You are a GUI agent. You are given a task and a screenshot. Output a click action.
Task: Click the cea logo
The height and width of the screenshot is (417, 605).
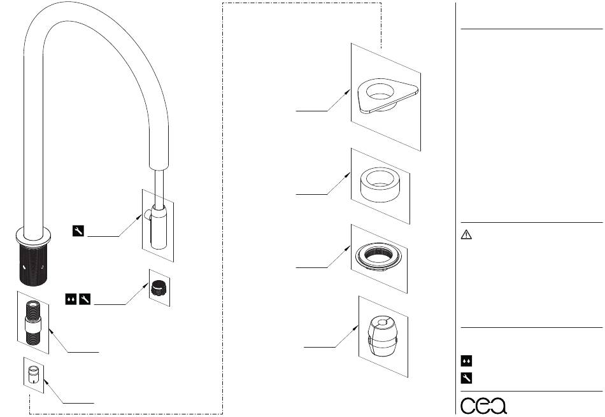[x=483, y=405]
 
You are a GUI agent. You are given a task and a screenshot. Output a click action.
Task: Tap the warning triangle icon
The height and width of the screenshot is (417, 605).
[x=466, y=234]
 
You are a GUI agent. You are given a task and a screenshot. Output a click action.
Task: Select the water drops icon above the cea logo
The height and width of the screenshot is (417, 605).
[x=466, y=361]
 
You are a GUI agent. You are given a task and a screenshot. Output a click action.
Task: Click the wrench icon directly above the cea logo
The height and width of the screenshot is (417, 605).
[x=466, y=378]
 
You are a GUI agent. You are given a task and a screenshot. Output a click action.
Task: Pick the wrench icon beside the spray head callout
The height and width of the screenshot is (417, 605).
[x=78, y=230]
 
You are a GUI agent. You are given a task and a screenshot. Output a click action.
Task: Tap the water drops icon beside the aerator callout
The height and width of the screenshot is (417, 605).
[x=71, y=299]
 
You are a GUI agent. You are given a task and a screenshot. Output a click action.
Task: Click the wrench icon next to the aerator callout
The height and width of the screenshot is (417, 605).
[x=85, y=299]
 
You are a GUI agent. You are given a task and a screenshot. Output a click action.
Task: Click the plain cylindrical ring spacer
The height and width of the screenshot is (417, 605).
[x=380, y=185]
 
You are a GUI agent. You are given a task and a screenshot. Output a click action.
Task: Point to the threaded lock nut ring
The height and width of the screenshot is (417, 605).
[x=378, y=257]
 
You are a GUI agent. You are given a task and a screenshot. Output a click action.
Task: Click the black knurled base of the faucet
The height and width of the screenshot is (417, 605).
[x=34, y=266]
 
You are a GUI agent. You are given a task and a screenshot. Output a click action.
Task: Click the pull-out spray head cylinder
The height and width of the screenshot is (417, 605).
[x=159, y=227]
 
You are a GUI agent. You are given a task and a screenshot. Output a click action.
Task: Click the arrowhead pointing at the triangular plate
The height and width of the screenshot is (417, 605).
[x=348, y=91]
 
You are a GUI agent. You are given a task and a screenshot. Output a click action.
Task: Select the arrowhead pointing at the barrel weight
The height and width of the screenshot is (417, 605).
[x=356, y=328]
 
